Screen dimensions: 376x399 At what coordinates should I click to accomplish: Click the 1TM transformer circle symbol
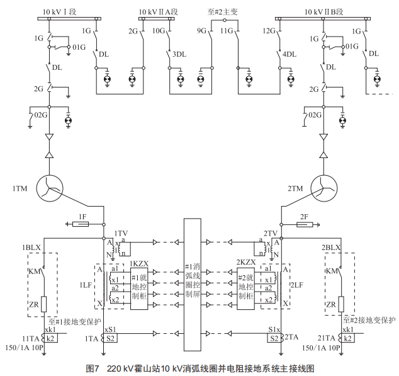point(49,187)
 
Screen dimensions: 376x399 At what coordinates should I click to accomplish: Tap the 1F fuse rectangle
point(82,222)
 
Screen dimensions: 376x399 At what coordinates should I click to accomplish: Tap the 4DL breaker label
point(289,55)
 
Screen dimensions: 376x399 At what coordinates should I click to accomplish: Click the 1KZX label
point(139,263)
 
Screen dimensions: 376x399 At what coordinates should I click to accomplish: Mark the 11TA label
point(31,338)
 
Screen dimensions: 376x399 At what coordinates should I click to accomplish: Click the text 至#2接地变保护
point(369,321)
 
